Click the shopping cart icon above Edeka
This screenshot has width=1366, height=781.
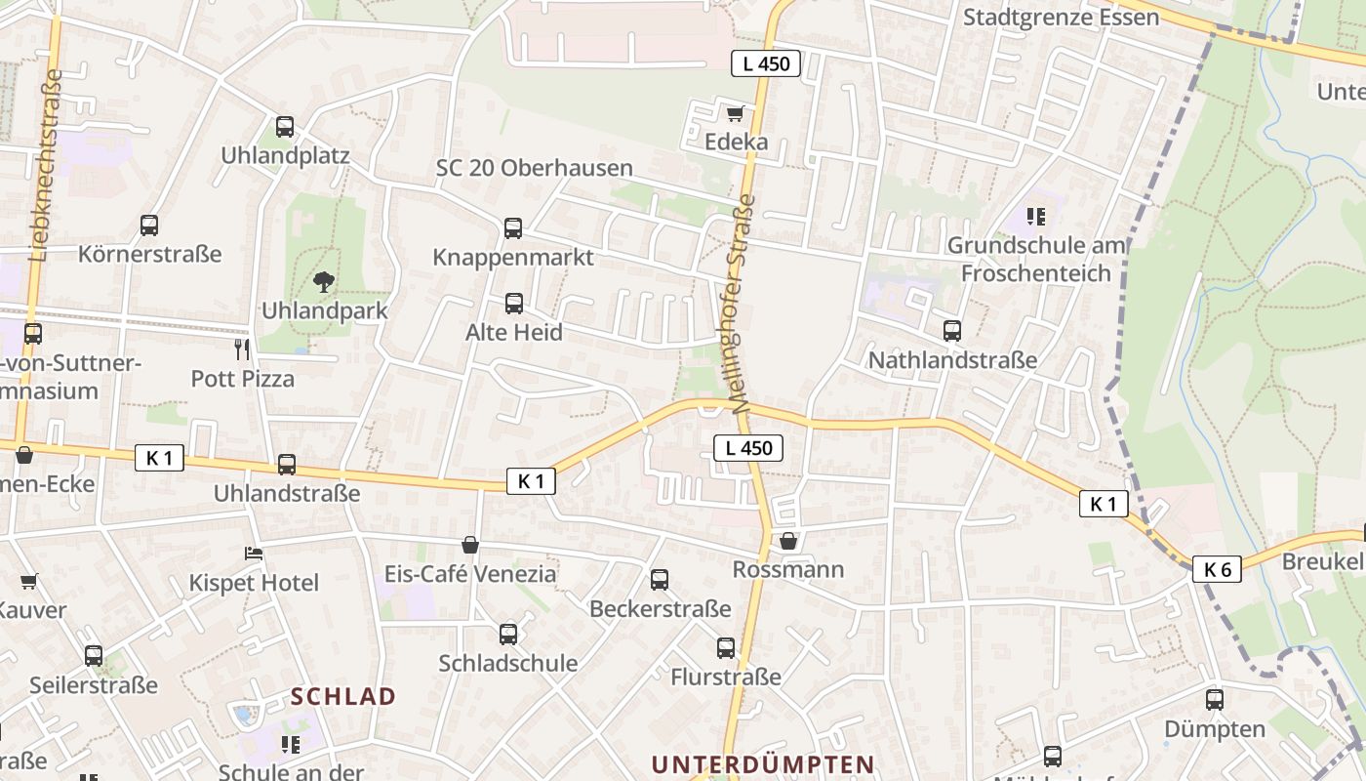(x=735, y=112)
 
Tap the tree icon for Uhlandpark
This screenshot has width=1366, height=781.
(x=323, y=282)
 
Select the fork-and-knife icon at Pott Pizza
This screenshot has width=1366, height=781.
(x=242, y=349)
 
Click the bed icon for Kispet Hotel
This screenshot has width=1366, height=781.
(x=254, y=554)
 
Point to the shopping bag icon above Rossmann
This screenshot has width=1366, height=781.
(x=788, y=540)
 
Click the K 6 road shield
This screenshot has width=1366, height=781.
(x=1216, y=569)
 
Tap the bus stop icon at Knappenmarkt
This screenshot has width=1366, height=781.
(x=513, y=228)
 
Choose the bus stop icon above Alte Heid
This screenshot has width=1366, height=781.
(x=514, y=304)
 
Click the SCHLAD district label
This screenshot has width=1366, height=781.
(x=343, y=696)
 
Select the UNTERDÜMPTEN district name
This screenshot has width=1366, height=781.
(x=762, y=763)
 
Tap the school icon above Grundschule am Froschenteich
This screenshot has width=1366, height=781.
(x=1036, y=216)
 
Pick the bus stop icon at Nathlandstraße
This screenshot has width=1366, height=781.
(x=952, y=331)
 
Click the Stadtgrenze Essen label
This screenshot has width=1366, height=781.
(x=1061, y=18)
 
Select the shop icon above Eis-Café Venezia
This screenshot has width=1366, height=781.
(x=470, y=544)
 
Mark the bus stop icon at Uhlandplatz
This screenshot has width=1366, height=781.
(x=285, y=127)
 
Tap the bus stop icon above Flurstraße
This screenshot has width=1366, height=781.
(x=726, y=647)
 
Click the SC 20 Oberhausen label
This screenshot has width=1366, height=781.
(x=534, y=168)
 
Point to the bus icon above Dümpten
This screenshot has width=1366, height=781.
(x=1215, y=699)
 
